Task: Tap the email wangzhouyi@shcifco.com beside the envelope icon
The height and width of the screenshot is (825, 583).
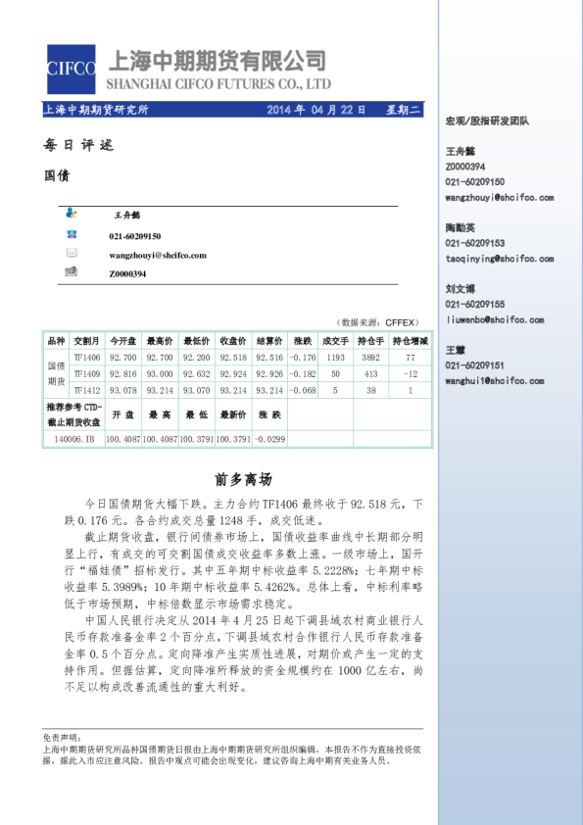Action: pos(157,255)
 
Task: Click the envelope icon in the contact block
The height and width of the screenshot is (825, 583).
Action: pos(72,254)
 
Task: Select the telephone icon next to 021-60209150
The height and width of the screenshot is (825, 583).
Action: pos(72,235)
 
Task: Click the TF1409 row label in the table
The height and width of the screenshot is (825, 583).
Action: pos(86,374)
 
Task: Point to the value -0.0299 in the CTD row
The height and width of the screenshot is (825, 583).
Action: pos(269,439)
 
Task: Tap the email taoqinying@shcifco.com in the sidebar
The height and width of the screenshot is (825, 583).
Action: pos(500,259)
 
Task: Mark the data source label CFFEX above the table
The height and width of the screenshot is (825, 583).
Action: pos(402,321)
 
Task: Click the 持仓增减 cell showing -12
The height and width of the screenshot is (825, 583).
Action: pos(411,374)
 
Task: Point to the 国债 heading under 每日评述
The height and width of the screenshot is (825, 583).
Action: pos(57,176)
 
